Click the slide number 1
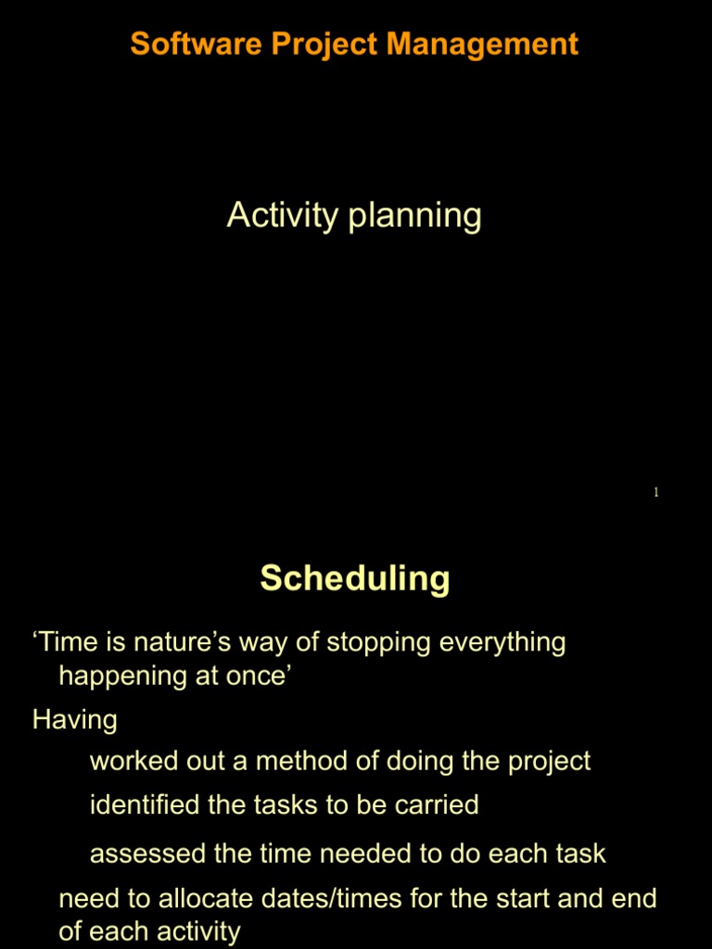(655, 492)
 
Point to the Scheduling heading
(355, 578)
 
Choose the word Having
(74, 719)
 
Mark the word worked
(128, 762)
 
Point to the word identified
(145, 804)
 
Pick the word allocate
(204, 898)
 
